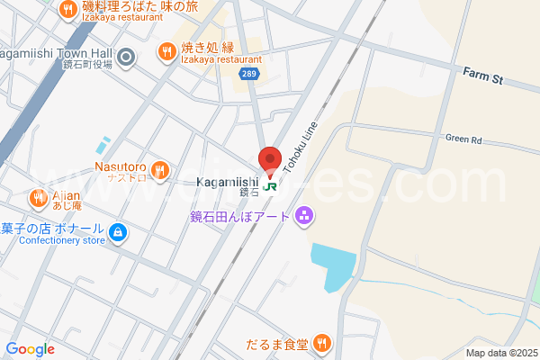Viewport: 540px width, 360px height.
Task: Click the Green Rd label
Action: click(463, 139)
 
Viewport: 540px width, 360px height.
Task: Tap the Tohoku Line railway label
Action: click(301, 146)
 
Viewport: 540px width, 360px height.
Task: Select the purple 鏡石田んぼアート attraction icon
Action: click(304, 215)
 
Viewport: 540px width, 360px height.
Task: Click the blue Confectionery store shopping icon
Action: click(116, 234)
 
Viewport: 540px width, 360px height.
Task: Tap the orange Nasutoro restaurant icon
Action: click(160, 168)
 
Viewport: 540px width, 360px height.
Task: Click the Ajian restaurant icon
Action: click(38, 196)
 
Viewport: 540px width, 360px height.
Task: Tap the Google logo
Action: click(31, 349)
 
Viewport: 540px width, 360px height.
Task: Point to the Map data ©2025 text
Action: click(500, 353)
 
